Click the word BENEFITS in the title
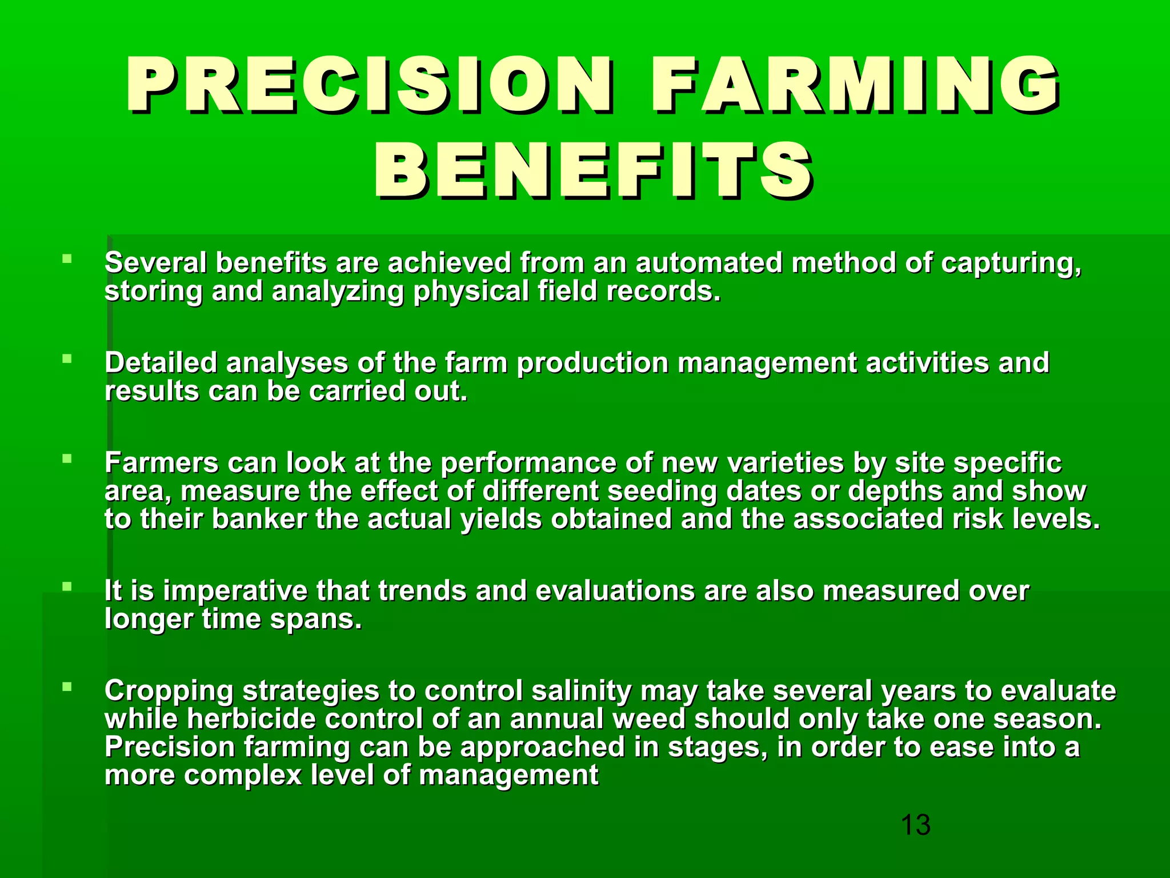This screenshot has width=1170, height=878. click(594, 171)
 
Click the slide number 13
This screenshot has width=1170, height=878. click(915, 825)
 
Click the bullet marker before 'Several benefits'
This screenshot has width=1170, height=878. click(67, 259)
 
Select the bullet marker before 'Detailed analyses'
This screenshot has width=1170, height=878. click(67, 359)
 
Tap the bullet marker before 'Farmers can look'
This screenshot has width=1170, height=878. click(67, 458)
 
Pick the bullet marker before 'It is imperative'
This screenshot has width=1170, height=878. click(67, 586)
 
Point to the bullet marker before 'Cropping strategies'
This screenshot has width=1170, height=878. click(67, 687)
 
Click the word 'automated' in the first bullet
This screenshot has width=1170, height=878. click(708, 263)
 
